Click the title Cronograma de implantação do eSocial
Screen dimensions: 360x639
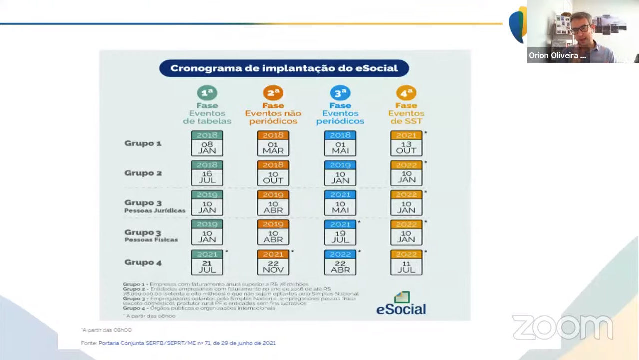(x=284, y=68)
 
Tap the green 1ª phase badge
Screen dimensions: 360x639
(x=207, y=93)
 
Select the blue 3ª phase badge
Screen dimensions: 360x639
(x=340, y=93)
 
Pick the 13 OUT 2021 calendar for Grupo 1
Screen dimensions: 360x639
(x=406, y=144)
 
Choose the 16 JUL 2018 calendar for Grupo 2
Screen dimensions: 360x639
(x=207, y=173)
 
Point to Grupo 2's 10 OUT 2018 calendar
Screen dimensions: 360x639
(x=273, y=173)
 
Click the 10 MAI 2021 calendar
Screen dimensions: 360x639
(x=340, y=203)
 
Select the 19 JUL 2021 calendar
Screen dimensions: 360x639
(x=340, y=233)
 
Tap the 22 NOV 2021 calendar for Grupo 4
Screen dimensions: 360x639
(x=273, y=263)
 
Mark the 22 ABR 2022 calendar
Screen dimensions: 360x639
(x=340, y=263)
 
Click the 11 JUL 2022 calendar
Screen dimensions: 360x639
(x=406, y=263)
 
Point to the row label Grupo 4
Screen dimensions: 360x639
(x=143, y=262)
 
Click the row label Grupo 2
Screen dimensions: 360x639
(x=143, y=173)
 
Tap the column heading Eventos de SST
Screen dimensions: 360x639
(x=406, y=117)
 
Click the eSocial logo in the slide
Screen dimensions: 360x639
(x=401, y=304)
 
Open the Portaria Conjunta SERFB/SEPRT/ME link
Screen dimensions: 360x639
(x=187, y=343)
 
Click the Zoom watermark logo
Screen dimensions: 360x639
(x=562, y=327)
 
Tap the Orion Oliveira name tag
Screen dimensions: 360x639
(x=557, y=56)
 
